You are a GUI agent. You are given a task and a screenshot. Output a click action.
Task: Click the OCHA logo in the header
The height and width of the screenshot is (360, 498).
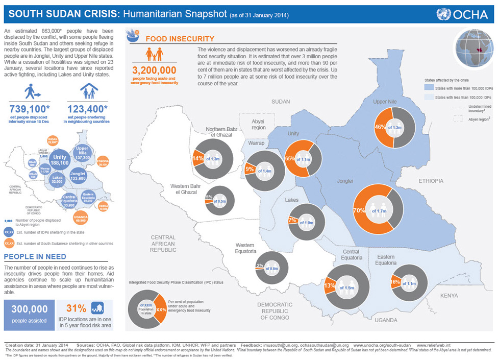pyautogui.click(x=463, y=14)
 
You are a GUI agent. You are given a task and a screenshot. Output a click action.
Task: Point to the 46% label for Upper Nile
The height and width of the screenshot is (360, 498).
pyautogui.click(x=380, y=127)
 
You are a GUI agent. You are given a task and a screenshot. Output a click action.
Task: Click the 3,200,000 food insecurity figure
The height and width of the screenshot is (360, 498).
pyautogui.click(x=154, y=70)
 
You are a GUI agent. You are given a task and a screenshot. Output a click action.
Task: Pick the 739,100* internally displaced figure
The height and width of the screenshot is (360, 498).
pyautogui.click(x=29, y=109)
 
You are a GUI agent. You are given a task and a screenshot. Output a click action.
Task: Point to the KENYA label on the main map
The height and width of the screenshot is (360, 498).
pyautogui.click(x=449, y=295)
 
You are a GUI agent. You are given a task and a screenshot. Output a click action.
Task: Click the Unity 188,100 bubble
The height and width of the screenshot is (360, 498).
pyautogui.click(x=60, y=159)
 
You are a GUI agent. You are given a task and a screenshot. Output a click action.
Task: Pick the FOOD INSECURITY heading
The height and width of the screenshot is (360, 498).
pyautogui.click(x=180, y=39)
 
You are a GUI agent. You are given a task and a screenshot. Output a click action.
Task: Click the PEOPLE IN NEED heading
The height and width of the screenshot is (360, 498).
pyautogui.click(x=34, y=256)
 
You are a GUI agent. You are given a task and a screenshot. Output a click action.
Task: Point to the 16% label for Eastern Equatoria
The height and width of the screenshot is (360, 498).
pyautogui.click(x=395, y=282)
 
